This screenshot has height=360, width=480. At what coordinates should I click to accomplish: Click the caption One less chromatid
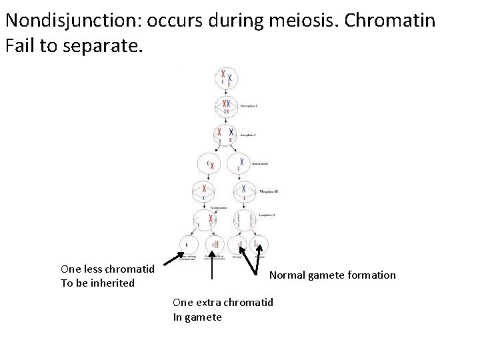107,269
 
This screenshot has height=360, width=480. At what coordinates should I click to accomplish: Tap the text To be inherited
97,283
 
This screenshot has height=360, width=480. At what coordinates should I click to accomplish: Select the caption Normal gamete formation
332,275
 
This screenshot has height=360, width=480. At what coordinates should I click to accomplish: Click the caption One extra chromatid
223,302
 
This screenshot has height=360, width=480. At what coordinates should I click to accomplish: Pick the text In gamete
197,317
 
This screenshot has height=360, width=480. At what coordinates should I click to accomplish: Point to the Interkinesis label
260,162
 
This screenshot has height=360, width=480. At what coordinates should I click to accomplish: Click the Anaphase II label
264,215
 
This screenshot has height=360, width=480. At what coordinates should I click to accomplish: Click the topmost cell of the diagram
227,79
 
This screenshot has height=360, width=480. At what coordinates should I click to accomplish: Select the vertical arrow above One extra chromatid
212,266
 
